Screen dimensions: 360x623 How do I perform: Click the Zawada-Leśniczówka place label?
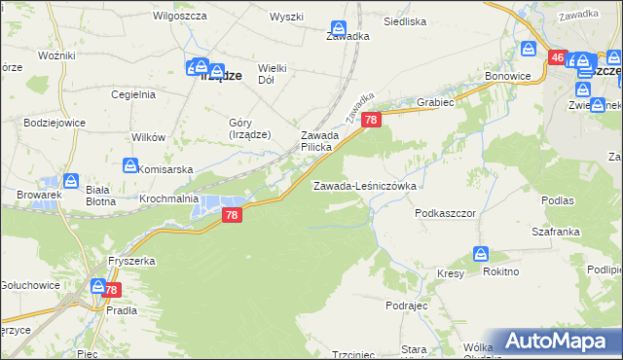click(364, 186)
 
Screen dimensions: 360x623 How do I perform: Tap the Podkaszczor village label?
click(444, 212)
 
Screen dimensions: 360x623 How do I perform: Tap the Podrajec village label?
click(407, 306)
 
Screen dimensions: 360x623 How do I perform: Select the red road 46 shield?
click(557, 58)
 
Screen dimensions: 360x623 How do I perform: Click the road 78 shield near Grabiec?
click(371, 119)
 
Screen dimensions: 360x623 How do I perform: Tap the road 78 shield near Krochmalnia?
click(231, 215)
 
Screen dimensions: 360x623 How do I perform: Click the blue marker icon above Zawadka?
click(338, 30)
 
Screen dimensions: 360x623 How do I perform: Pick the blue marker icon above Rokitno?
click(481, 254)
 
